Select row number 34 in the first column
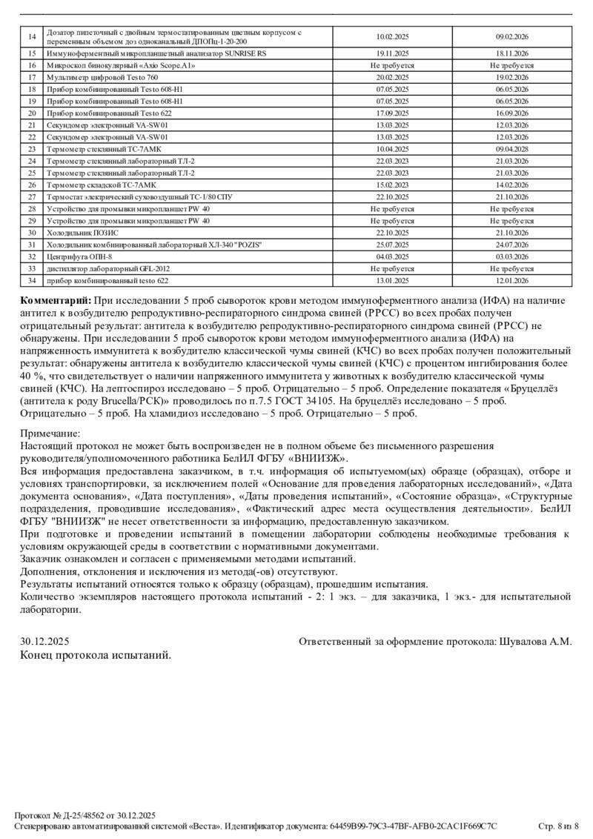32,280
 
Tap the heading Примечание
50,434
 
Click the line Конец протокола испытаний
96,655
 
